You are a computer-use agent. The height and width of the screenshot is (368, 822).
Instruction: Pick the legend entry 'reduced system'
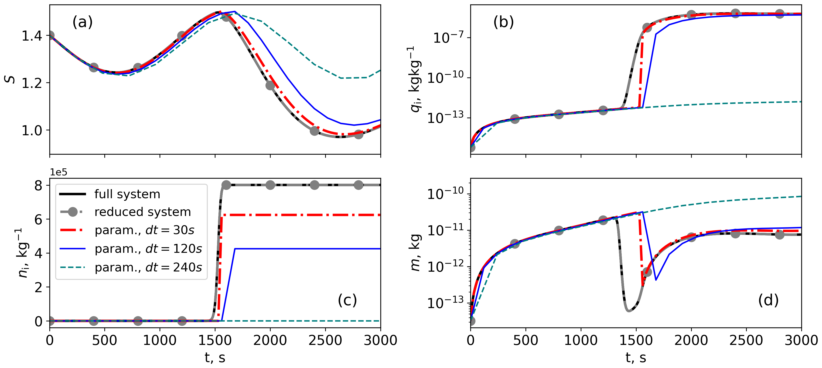tap(142, 212)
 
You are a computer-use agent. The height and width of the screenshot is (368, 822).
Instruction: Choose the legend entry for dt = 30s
tap(144, 230)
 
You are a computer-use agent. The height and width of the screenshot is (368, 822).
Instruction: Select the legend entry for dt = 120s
tap(148, 249)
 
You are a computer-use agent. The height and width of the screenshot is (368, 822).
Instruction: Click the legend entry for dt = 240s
tap(148, 267)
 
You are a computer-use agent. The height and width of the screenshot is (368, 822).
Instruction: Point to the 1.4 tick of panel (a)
tap(32, 36)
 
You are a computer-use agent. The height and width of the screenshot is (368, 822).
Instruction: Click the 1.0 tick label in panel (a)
tap(32, 130)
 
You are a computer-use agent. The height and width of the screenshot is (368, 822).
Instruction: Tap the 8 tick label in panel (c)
tap(38, 185)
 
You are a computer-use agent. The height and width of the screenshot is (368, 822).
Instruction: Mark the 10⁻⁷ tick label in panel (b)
tap(448, 38)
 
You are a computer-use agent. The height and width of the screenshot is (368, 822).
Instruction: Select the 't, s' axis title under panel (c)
tap(215, 358)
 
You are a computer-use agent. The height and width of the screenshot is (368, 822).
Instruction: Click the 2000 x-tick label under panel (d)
tap(691, 340)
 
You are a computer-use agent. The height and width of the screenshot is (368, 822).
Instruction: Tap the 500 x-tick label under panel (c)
tap(105, 340)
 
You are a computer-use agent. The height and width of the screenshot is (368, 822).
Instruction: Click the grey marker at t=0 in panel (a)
tap(50, 35)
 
